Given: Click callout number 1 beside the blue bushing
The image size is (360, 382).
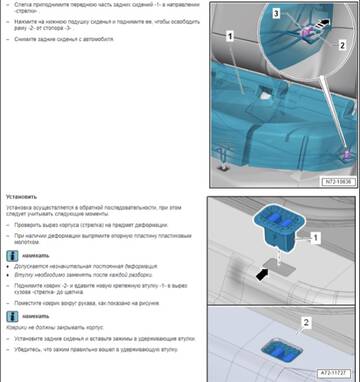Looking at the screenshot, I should [316, 238].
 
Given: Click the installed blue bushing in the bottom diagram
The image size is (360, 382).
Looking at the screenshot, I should [279, 347].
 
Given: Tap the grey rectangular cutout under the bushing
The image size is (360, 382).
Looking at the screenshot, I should [272, 268].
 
